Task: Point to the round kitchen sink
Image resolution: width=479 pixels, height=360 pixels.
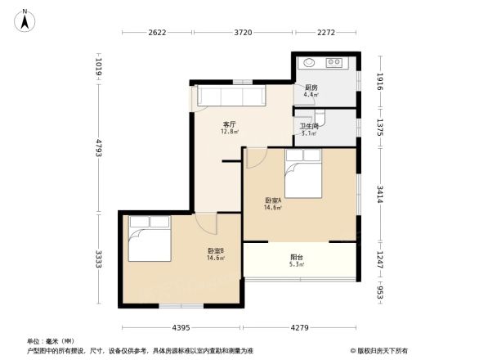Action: (x=311, y=63)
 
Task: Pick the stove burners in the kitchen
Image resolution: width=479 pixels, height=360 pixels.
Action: (x=335, y=63)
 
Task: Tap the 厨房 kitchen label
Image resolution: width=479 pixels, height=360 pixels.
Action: (x=311, y=88)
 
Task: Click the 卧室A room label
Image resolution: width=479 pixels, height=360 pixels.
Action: (x=273, y=201)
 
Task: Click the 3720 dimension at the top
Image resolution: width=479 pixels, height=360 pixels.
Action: (x=242, y=33)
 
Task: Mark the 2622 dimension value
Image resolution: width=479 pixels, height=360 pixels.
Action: (x=157, y=33)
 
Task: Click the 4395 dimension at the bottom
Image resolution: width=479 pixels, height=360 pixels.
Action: (x=181, y=327)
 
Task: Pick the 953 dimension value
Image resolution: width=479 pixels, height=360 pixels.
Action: (x=380, y=292)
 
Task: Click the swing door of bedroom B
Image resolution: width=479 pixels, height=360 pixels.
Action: (x=207, y=223)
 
